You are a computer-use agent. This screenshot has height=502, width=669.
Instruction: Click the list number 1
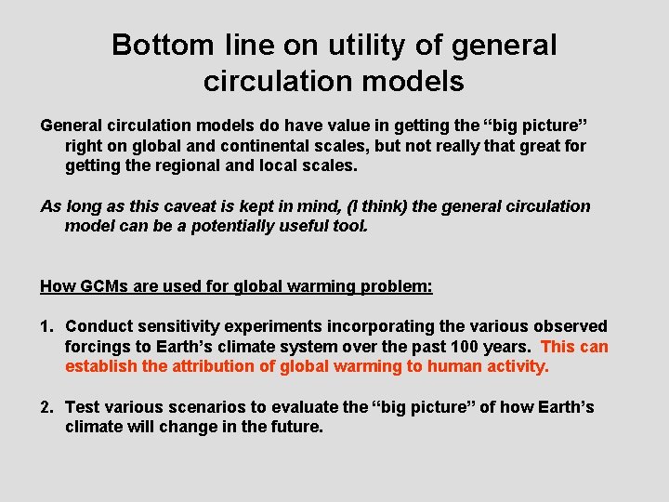click(x=46, y=326)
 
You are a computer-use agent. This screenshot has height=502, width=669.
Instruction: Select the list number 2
click(x=46, y=407)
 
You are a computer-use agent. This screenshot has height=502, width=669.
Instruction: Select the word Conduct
click(x=98, y=326)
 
